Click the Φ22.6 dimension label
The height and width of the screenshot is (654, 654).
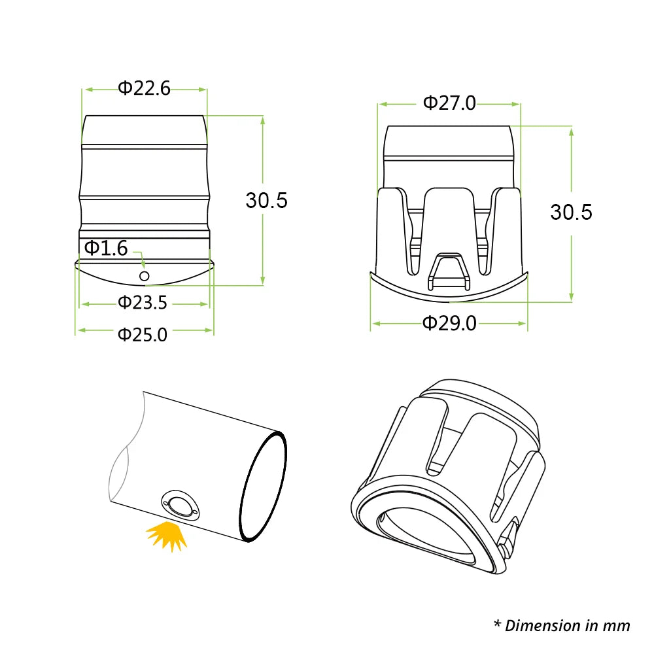pyautogui.click(x=144, y=88)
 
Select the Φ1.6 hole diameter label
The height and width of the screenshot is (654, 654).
pyautogui.click(x=105, y=248)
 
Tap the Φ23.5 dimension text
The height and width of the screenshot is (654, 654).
pyautogui.click(x=143, y=303)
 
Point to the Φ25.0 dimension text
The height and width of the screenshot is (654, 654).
pyautogui.click(x=143, y=334)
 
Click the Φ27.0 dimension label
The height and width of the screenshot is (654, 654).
pyautogui.click(x=449, y=103)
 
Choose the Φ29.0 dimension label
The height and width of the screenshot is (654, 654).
pyautogui.click(x=449, y=323)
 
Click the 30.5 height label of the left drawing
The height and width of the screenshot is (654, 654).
pyautogui.click(x=266, y=200)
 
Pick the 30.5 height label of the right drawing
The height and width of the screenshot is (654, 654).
pyautogui.click(x=571, y=212)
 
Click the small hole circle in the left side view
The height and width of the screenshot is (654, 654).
pyautogui.click(x=145, y=277)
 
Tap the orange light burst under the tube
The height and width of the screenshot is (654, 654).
pyautogui.click(x=167, y=535)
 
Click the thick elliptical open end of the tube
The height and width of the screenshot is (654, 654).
pyautogui.click(x=263, y=487)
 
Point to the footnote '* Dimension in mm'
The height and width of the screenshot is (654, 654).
pyautogui.click(x=562, y=625)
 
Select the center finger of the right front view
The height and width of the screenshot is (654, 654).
pyautogui.click(x=448, y=222)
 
